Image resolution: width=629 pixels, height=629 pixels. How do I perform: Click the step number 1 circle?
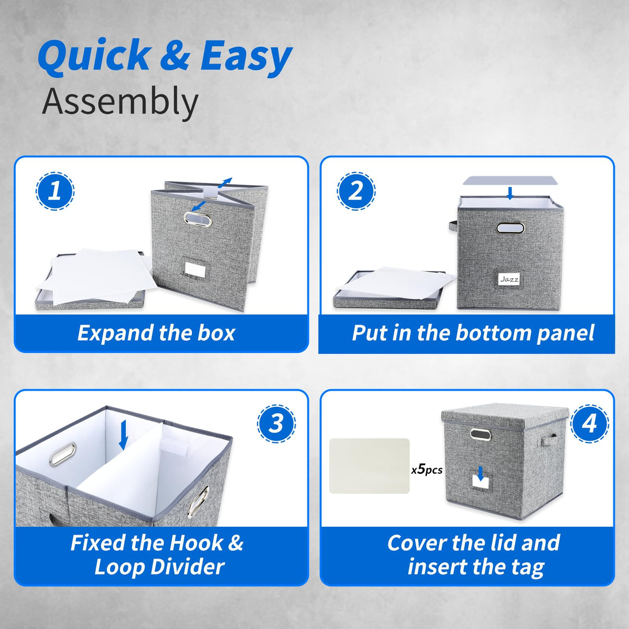coord(55,191)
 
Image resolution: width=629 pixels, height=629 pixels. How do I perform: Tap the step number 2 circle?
coord(356,191)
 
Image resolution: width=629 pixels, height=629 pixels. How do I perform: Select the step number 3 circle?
coord(276,424)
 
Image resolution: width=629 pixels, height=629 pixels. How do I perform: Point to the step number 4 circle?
coord(590,424)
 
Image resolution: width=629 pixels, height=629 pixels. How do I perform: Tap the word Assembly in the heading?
coord(120,102)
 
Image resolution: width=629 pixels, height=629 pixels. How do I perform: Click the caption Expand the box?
coord(156,333)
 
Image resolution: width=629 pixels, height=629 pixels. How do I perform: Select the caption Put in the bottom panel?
coord(473,333)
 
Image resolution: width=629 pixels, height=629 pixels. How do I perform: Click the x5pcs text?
coord(427,470)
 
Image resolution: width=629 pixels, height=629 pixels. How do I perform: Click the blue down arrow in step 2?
coord(511,193)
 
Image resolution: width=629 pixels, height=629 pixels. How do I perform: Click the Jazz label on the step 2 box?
coord(509,279)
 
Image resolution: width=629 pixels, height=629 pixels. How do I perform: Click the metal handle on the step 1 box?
coord(198,219)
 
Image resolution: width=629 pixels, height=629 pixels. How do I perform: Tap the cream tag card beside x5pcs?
coord(369,466)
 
